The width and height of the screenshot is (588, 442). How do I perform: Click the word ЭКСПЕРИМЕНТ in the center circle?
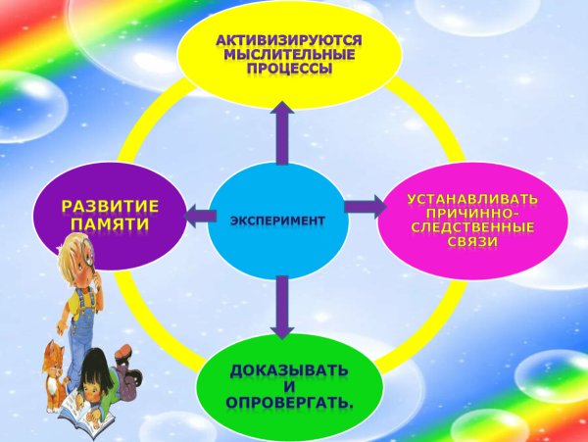pyautogui.click(x=277, y=220)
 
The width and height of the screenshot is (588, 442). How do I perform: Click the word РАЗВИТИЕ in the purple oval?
pyautogui.click(x=110, y=207)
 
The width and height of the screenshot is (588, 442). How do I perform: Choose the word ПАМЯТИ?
pyautogui.click(x=110, y=224)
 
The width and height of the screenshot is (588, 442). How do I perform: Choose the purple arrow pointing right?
pyautogui.click(x=365, y=207)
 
